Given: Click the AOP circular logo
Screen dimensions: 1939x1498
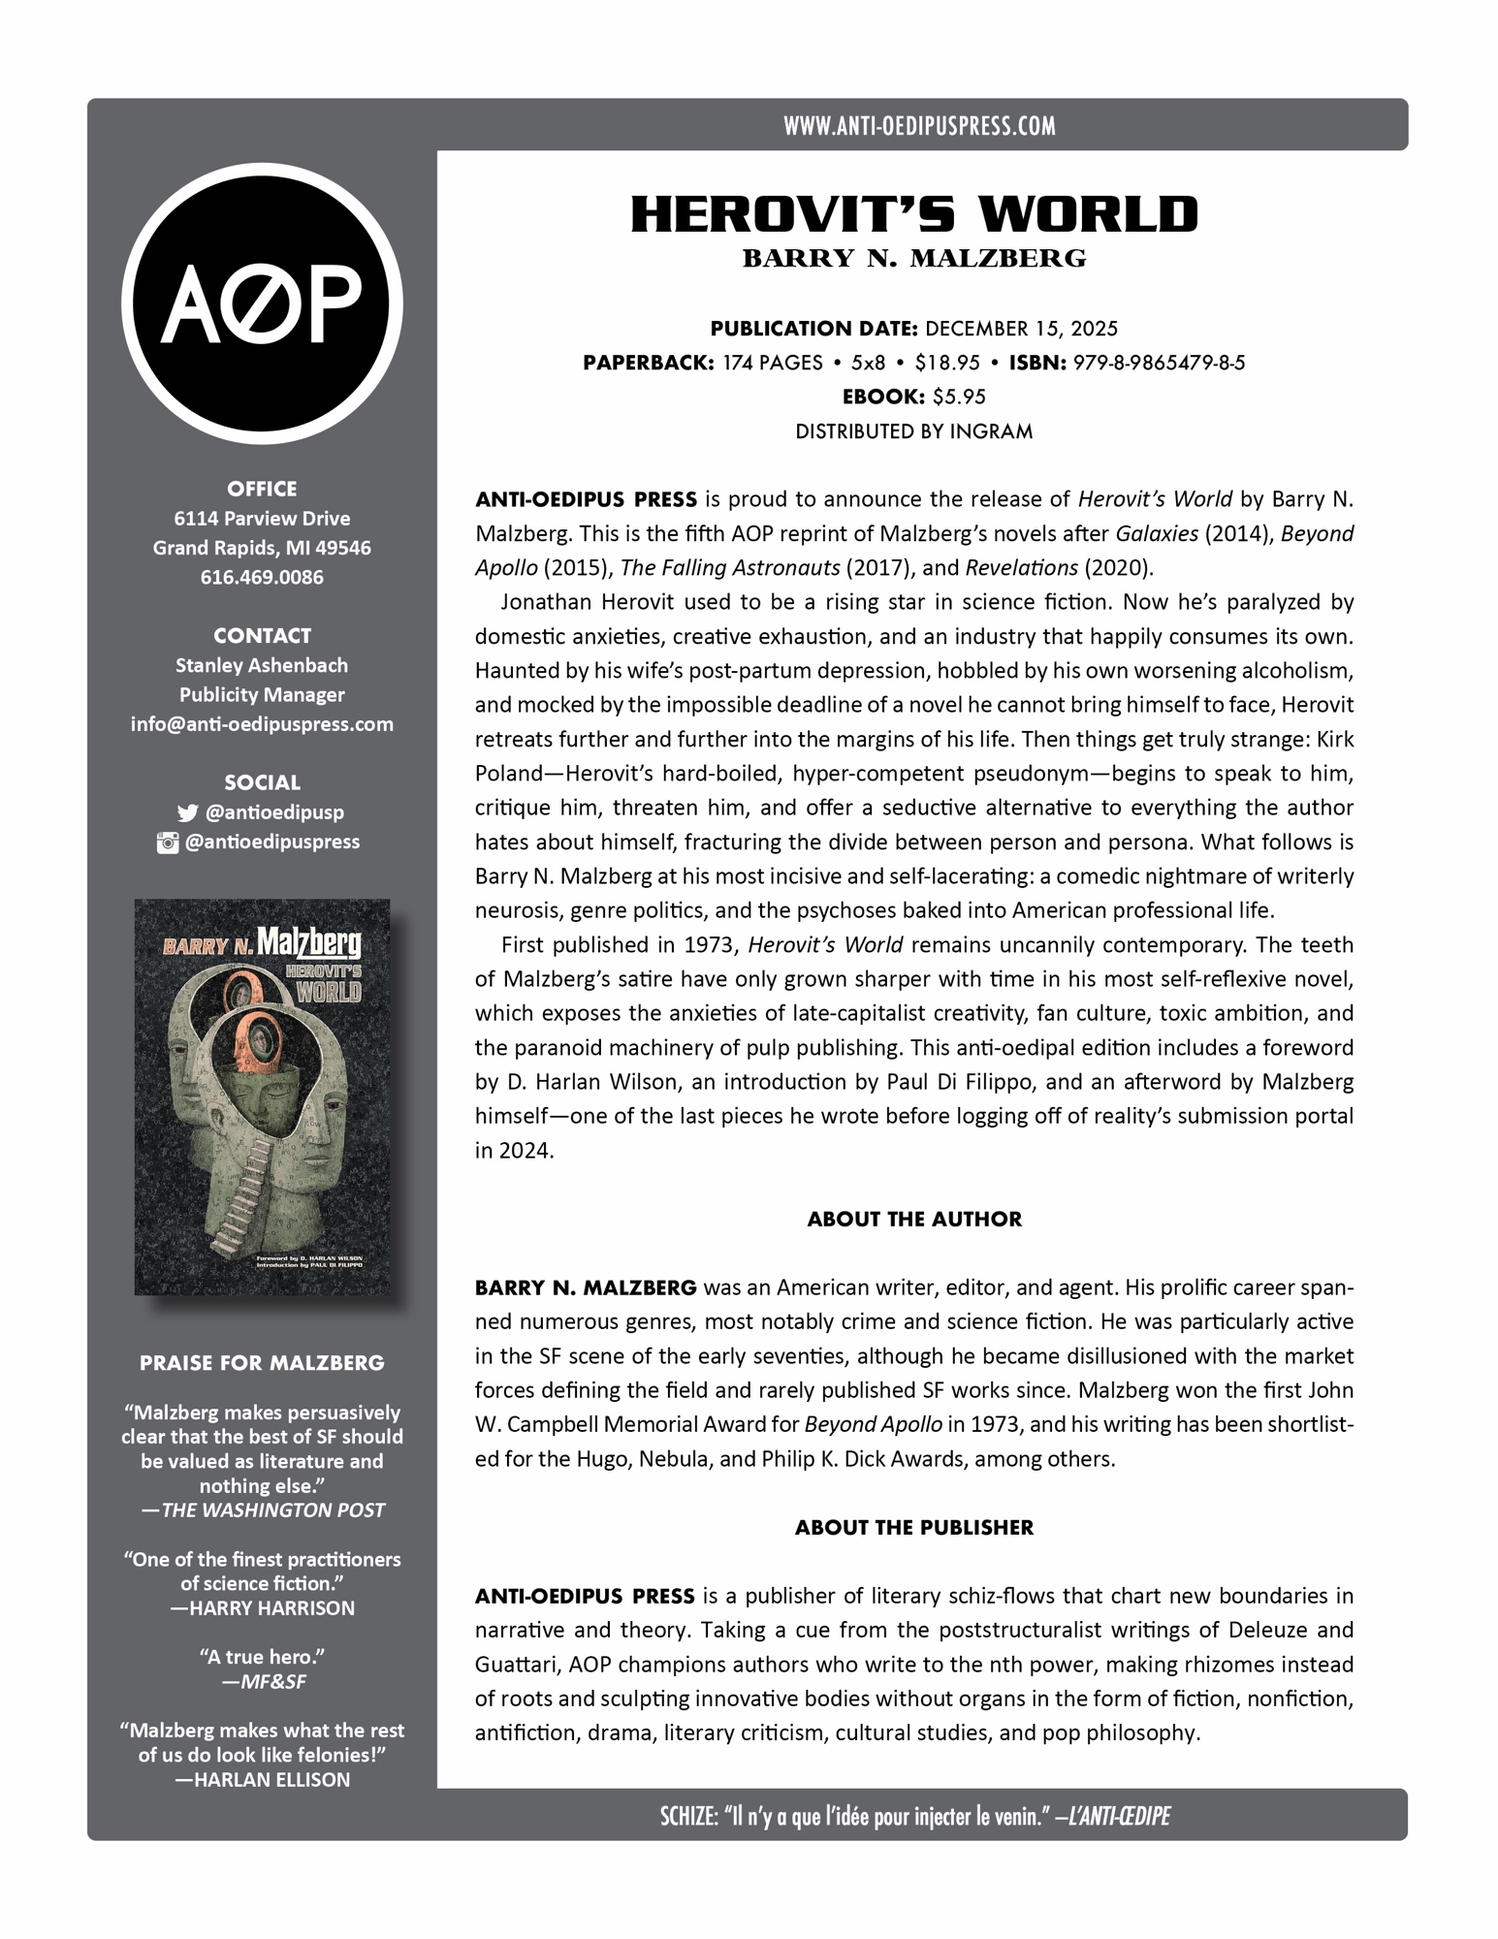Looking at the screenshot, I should coord(262,303).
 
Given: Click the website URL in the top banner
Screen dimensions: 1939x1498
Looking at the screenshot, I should coord(919,125).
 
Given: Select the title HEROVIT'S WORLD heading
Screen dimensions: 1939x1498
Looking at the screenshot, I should coord(914,214).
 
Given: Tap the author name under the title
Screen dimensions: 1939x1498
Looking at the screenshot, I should coord(914,259).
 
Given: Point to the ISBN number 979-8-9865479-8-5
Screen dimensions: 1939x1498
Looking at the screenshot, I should coord(1159,363).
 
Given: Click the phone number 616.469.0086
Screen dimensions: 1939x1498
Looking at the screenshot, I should coord(262,577).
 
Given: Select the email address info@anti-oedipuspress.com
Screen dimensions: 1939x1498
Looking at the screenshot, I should coord(262,724).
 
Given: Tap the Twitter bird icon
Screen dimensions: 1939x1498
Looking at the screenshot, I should coord(187,813).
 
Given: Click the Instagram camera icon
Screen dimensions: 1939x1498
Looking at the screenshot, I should coord(168,842).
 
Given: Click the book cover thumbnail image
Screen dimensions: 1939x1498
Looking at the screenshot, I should coord(262,1097).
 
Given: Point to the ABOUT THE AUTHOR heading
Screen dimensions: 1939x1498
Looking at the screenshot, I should coord(914,1219).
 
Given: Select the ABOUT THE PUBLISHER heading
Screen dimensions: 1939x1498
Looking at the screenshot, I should coord(914,1527).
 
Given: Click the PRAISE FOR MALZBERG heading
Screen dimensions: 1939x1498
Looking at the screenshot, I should coord(262,1362).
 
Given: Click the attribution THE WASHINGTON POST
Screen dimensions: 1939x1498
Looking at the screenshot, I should coord(272,1510).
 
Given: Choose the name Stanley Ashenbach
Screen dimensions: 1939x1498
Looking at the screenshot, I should coord(262,665).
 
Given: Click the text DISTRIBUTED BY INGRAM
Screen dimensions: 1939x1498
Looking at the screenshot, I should coord(914,431).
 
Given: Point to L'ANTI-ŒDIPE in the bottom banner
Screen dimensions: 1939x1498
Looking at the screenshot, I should coord(1117,1816).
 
